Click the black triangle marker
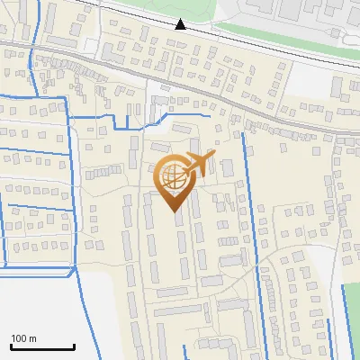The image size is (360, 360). tap(181, 23)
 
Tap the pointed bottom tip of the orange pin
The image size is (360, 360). tap(175, 213)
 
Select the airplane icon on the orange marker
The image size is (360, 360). tap(199, 165)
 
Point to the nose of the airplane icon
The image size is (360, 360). tap(213, 157)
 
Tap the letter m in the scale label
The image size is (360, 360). tap(32, 338)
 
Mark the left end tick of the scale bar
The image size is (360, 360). tap(10, 346)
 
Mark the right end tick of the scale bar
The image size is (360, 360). tap(75, 346)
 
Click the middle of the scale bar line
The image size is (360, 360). tap(42, 347)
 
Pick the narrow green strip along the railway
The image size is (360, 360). tap(270, 37)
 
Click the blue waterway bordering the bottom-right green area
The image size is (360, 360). tap(342, 315)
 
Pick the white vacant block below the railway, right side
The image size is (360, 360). tap(310, 79)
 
